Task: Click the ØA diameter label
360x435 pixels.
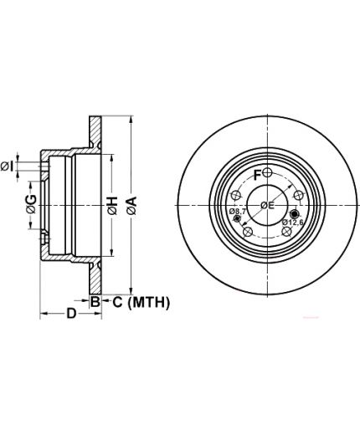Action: tap(131, 206)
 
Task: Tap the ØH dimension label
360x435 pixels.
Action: tap(112, 206)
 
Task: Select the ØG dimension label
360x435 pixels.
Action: tap(31, 204)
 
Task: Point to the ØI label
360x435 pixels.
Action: tap(7, 166)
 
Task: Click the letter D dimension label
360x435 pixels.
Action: tap(71, 314)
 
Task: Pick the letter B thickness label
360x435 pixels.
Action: tap(95, 301)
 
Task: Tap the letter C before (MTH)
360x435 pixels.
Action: tap(117, 302)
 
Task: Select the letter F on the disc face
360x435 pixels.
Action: tap(257, 175)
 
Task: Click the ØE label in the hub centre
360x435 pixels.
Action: tap(268, 206)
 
